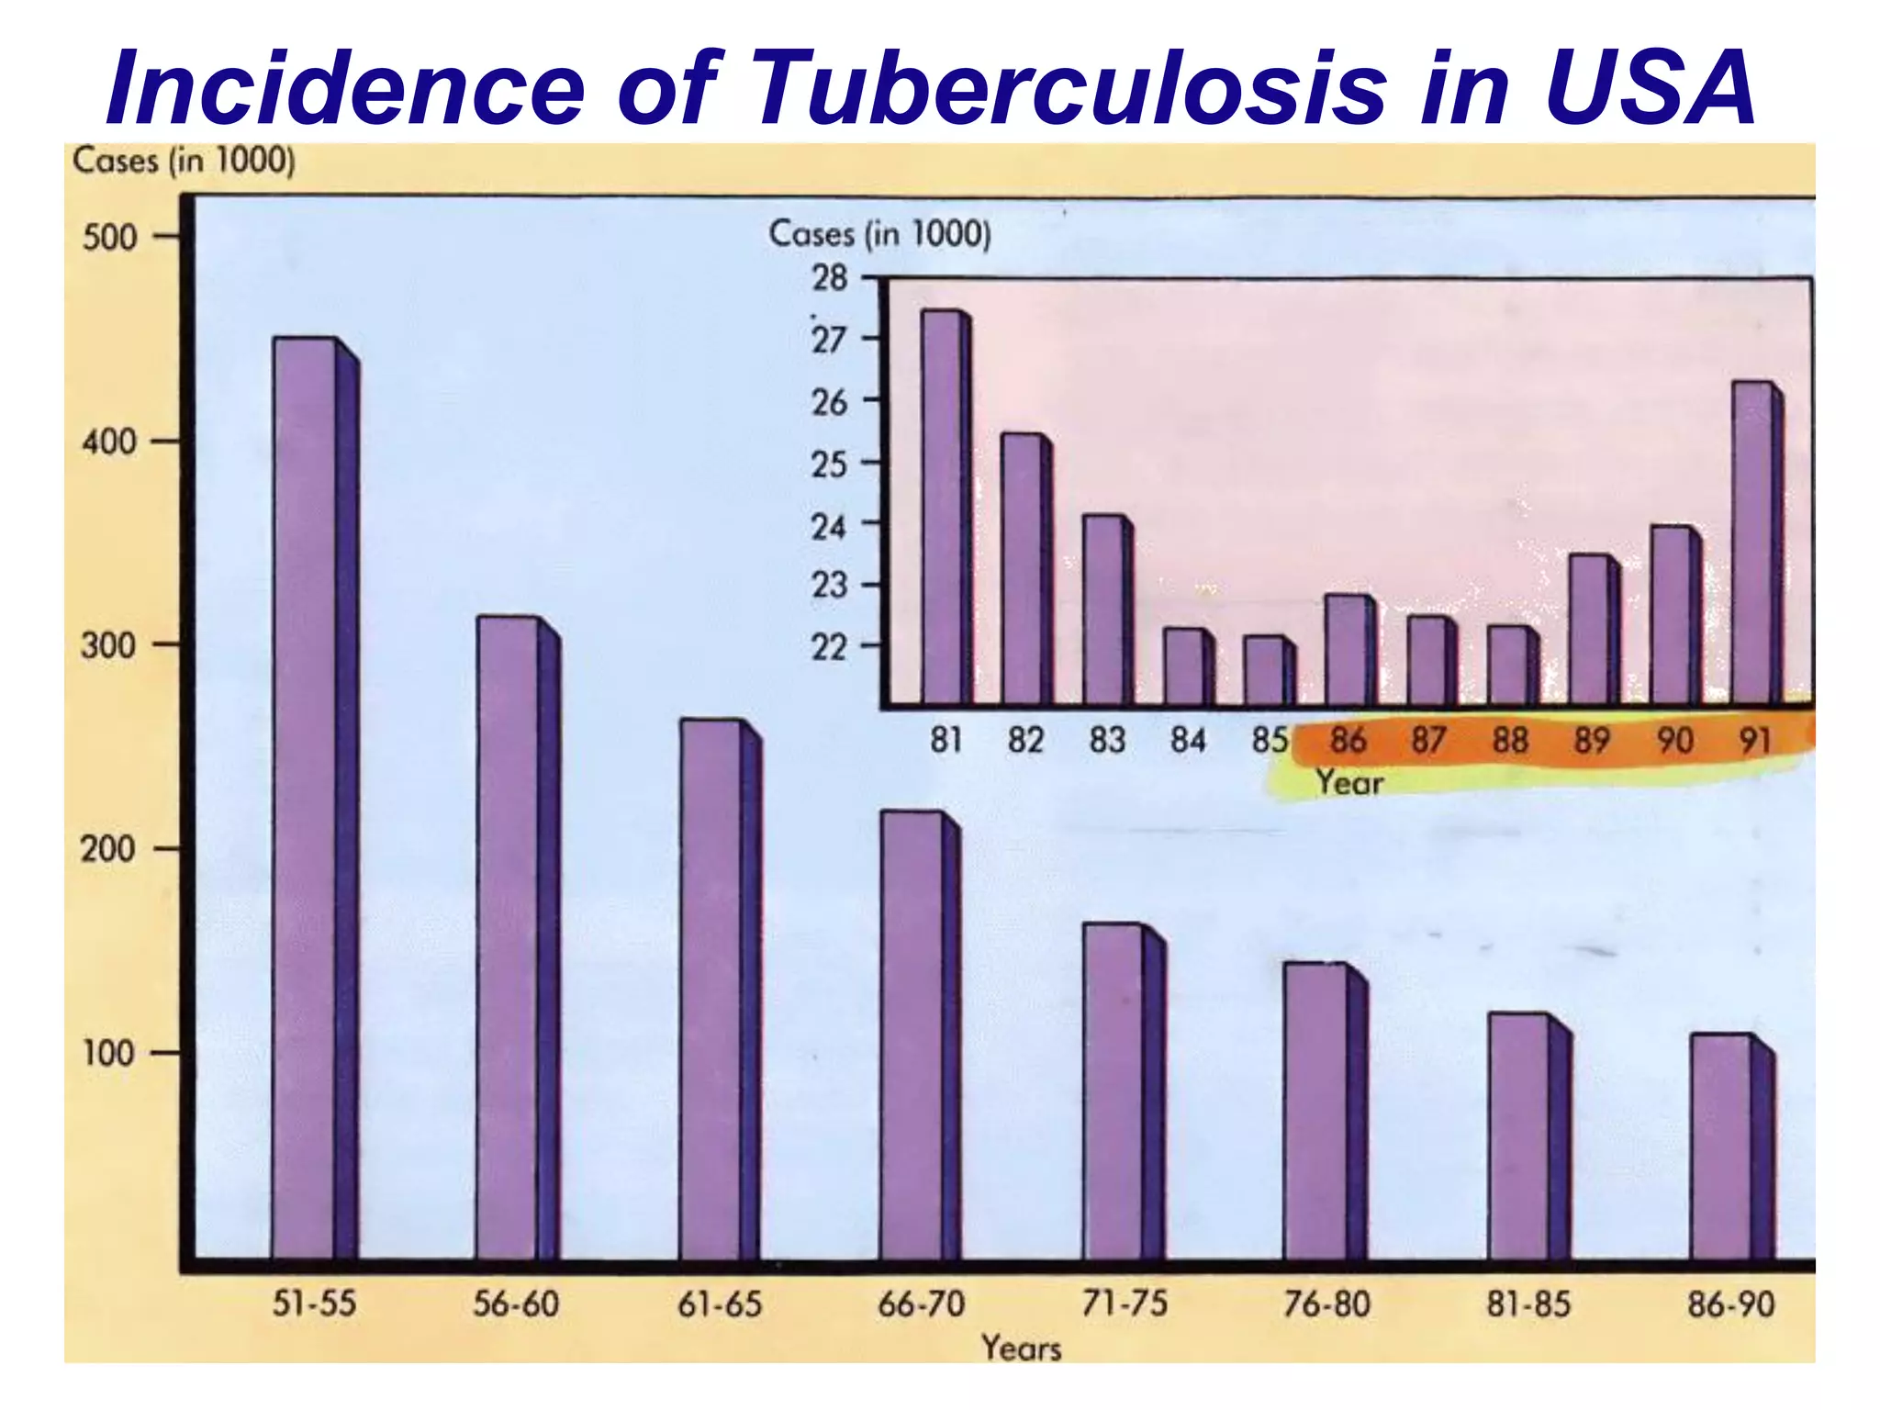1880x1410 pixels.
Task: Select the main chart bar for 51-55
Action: (308, 799)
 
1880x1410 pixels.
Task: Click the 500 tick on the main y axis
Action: (109, 238)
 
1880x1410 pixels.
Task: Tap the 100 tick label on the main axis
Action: (109, 1053)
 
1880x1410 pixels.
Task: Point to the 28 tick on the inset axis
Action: (829, 277)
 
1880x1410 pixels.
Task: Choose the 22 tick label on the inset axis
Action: (829, 648)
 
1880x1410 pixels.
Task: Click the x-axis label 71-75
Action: (1124, 1304)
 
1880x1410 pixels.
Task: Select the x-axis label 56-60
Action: (515, 1304)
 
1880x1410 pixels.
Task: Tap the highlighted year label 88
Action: (1509, 740)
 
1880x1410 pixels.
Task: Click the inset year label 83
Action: (1106, 740)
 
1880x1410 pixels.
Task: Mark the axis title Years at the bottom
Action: (1021, 1348)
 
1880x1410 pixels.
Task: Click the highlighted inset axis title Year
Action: (1348, 783)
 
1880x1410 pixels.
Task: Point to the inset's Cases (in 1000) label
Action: (879, 234)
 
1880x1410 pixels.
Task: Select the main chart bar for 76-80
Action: (1317, 1111)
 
